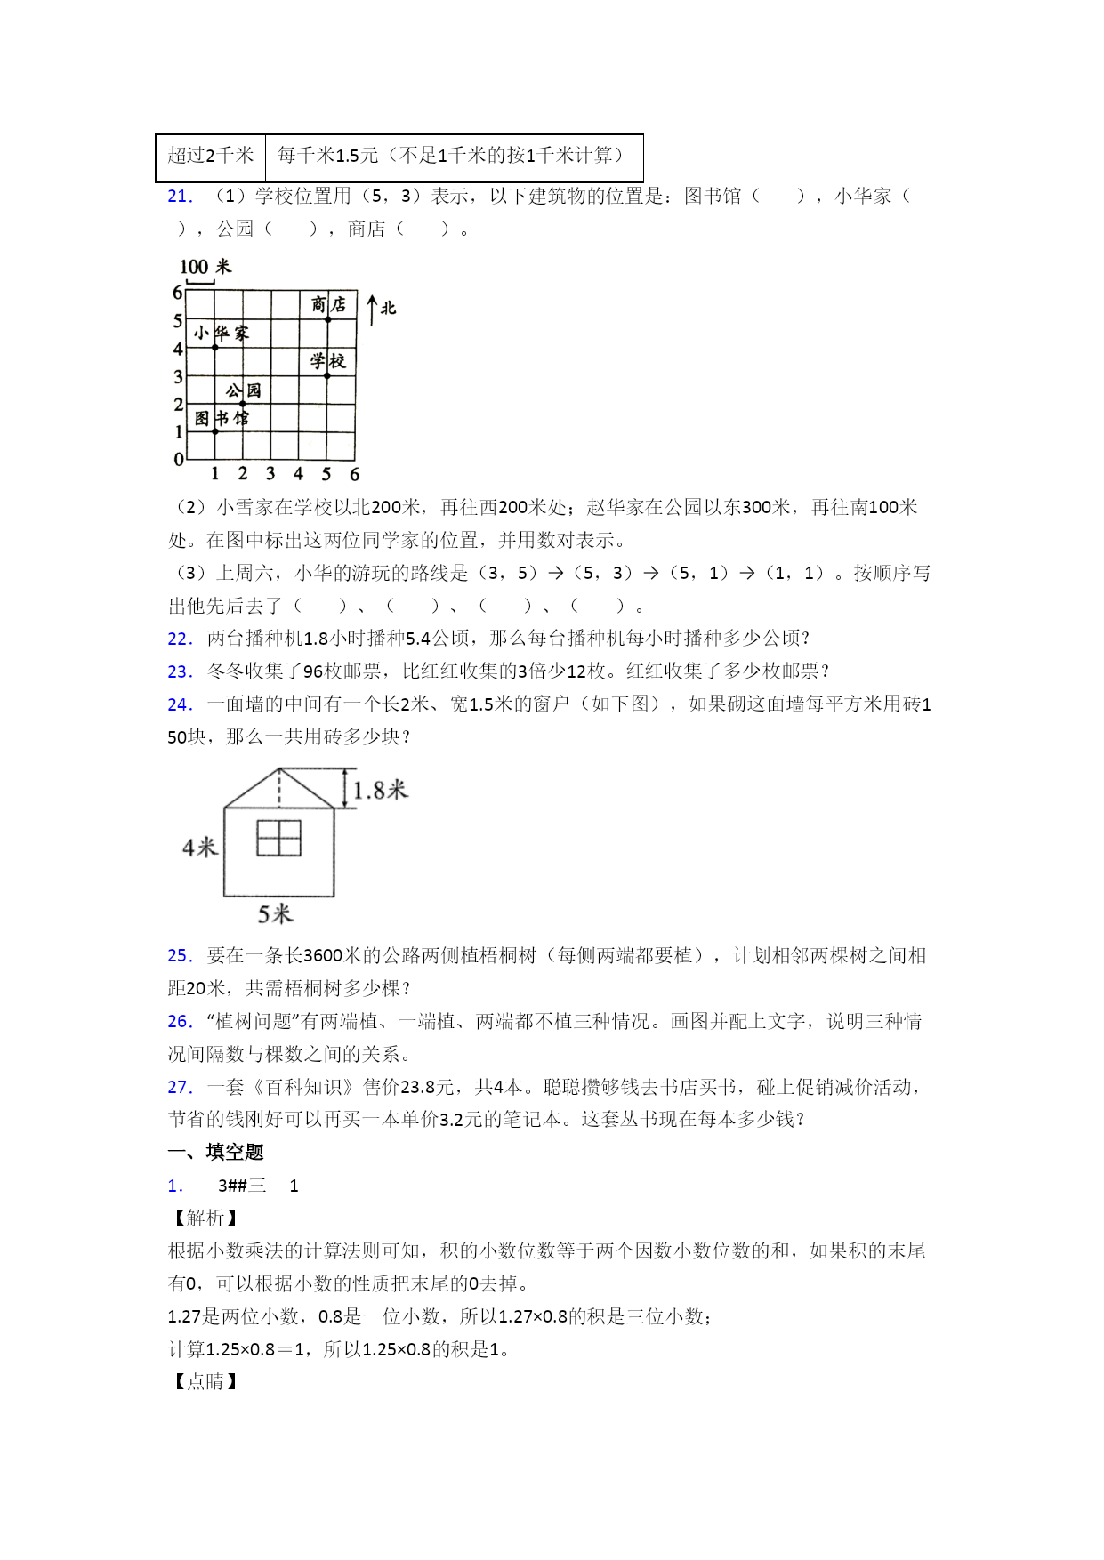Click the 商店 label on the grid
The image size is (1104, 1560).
point(328,305)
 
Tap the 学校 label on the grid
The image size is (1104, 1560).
point(327,361)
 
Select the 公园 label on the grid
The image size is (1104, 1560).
point(243,390)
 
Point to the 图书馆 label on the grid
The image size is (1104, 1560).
point(222,418)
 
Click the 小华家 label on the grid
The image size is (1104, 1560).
point(222,334)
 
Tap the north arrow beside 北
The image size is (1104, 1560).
point(373,309)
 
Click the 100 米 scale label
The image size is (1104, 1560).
point(205,267)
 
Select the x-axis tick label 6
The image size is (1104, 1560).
point(354,475)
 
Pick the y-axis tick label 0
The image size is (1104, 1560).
point(179,460)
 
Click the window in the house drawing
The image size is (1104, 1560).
point(278,838)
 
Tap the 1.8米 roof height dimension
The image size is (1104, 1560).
point(380,790)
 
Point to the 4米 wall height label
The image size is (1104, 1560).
point(200,848)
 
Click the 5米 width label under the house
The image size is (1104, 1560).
point(275,913)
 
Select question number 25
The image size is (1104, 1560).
point(180,956)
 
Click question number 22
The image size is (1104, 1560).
point(180,639)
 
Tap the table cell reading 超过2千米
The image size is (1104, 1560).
point(211,157)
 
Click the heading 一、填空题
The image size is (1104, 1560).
point(216,1153)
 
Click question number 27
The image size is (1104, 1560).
point(180,1087)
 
